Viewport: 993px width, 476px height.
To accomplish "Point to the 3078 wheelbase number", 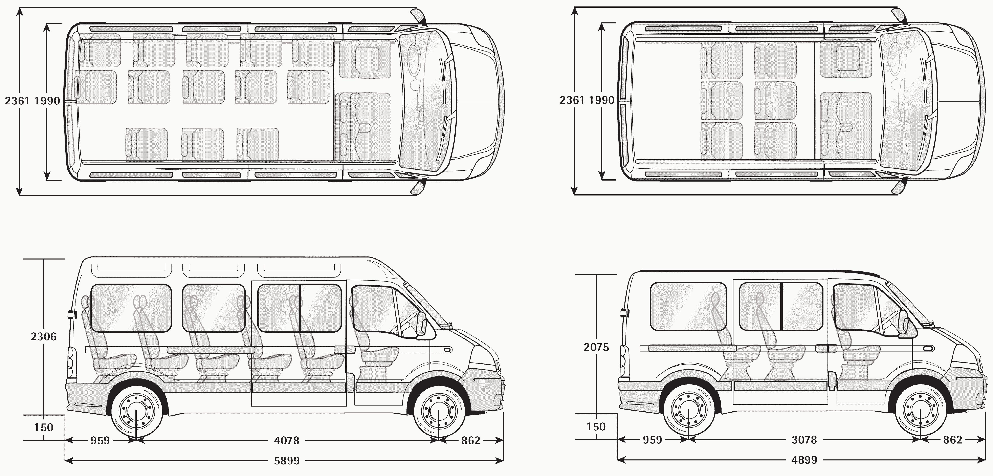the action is point(804,440).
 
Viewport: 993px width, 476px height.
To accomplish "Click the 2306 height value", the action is point(44,337).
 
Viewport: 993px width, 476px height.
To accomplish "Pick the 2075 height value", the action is point(596,347).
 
